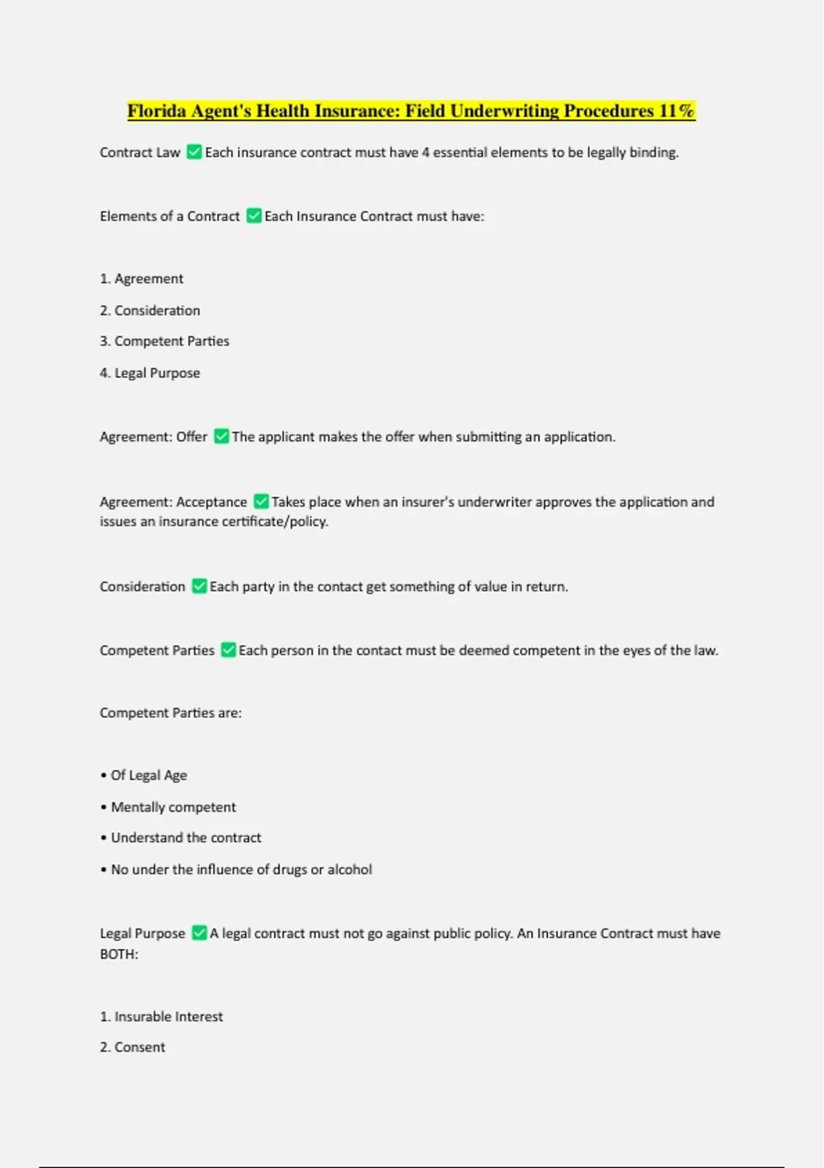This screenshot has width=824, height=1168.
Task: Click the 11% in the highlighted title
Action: [676, 111]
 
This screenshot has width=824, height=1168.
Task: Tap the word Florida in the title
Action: [157, 111]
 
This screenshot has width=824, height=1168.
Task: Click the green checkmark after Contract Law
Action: [194, 152]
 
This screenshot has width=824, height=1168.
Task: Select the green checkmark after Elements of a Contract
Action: [254, 216]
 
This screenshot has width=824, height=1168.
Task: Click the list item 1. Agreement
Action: [141, 278]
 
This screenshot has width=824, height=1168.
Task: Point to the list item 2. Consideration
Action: [150, 311]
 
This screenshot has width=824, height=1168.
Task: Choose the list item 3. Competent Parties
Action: [165, 341]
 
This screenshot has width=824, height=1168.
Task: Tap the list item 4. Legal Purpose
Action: [150, 373]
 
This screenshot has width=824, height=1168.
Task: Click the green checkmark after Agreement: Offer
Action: [221, 436]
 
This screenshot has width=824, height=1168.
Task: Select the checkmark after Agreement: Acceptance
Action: [261, 502]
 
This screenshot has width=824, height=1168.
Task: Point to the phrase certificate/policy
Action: [278, 521]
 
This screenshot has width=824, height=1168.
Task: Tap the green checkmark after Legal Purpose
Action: [199, 933]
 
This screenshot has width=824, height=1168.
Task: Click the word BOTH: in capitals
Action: [119, 954]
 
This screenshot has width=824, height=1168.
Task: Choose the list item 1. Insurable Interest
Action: [161, 1016]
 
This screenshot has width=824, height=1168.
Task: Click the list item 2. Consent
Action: [133, 1047]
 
